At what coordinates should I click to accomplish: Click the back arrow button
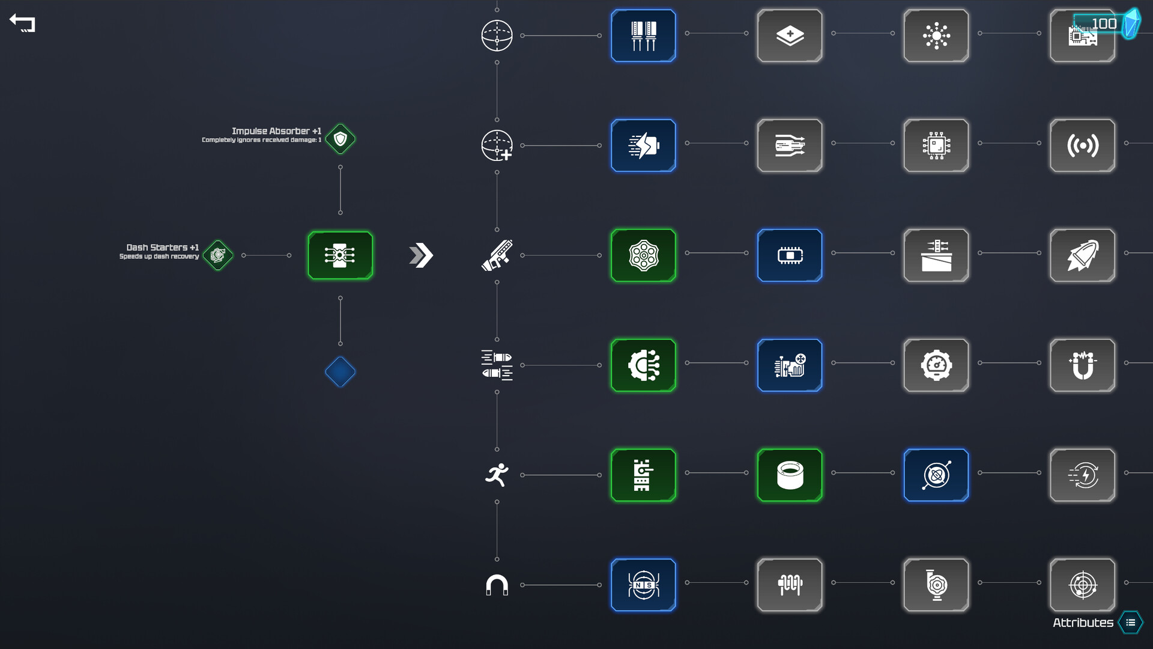pyautogui.click(x=22, y=23)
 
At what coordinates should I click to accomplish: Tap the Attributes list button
pyautogui.click(x=1130, y=623)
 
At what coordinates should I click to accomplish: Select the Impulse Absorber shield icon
pyautogui.click(x=340, y=139)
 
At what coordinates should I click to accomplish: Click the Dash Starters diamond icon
pyautogui.click(x=218, y=255)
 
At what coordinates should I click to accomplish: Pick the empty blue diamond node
pyautogui.click(x=340, y=372)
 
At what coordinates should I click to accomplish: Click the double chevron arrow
pyautogui.click(x=421, y=255)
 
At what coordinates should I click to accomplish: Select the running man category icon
pyautogui.click(x=497, y=475)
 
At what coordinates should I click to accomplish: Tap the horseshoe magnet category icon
pyautogui.click(x=497, y=585)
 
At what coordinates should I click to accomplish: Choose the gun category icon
pyautogui.click(x=497, y=255)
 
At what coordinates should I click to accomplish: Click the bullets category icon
pyautogui.click(x=497, y=365)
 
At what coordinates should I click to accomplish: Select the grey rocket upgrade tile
pyautogui.click(x=1082, y=255)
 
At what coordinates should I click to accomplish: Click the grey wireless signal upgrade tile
pyautogui.click(x=1082, y=145)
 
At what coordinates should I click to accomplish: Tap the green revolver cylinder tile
pyautogui.click(x=643, y=255)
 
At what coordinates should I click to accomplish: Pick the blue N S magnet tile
pyautogui.click(x=643, y=585)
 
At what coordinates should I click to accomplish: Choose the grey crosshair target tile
pyautogui.click(x=1082, y=585)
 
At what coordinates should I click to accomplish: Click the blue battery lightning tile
pyautogui.click(x=643, y=145)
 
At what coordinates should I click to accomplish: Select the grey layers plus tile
pyautogui.click(x=790, y=35)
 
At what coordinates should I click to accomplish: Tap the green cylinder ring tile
pyautogui.click(x=790, y=475)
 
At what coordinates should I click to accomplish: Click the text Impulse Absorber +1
pyautogui.click(x=276, y=131)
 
